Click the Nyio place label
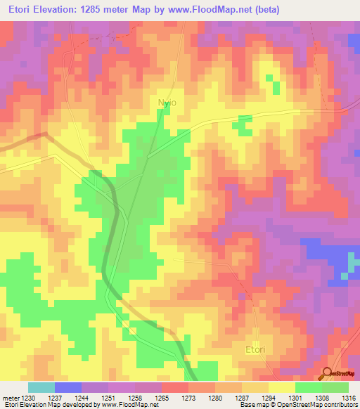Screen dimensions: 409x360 pos(167,103)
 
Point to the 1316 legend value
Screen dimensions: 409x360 pos(349,397)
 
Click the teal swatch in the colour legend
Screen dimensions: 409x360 pos(41,387)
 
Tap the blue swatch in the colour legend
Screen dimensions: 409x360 pos(68,387)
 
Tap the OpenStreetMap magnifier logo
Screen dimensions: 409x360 pos(328,374)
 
